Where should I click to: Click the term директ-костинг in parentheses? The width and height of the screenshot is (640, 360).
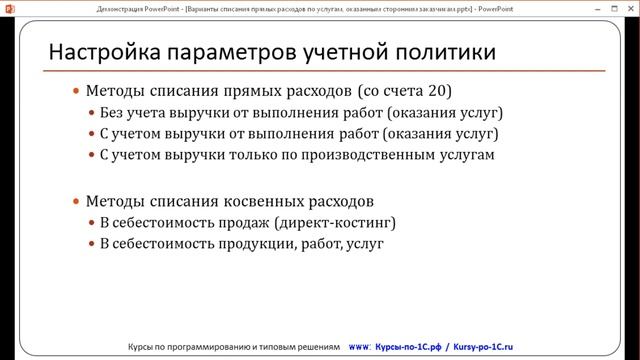[337, 221]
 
